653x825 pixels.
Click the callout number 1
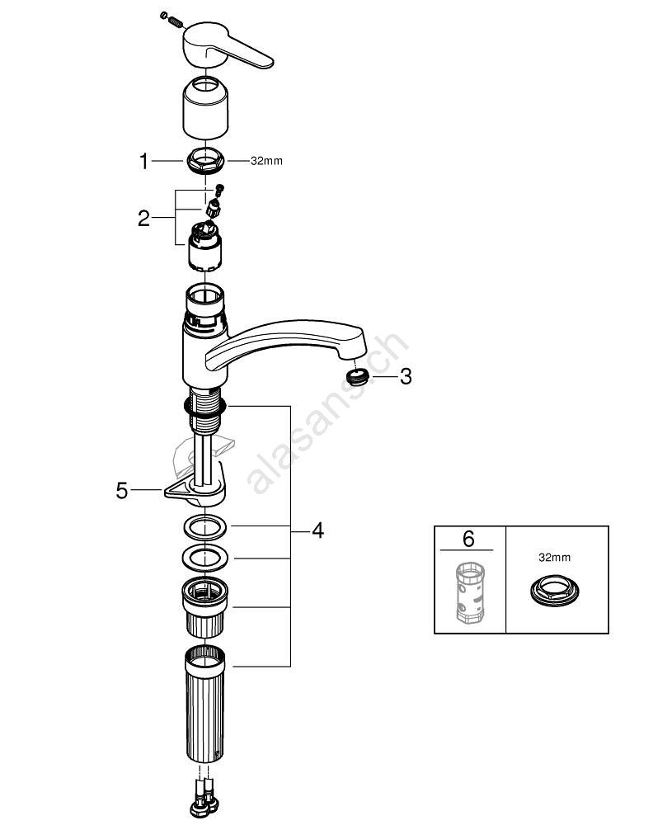pos(145,162)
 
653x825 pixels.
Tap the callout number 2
pos(144,219)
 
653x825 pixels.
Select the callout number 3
pos(405,377)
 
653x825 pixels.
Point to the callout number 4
pos(317,531)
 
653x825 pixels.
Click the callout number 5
pos(122,491)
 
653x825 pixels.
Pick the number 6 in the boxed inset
pos(468,539)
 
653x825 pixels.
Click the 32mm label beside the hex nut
pos(266,161)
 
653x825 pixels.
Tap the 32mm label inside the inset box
pos(554,558)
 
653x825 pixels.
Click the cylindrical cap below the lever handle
pos(205,105)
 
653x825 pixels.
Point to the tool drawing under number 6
pos(468,592)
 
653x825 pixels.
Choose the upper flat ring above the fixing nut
pos(204,526)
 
